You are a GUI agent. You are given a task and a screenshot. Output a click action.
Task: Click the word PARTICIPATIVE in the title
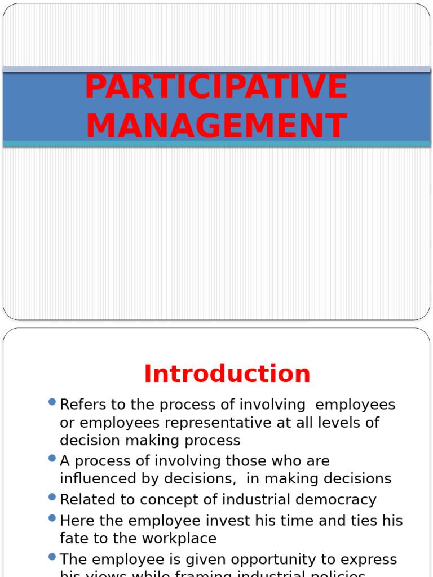pos(216,87)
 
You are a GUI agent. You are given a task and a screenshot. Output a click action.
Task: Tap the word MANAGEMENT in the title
pos(216,126)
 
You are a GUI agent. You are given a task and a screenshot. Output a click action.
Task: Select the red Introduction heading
pos(227,374)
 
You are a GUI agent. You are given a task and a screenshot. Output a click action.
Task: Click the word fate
pos(74,538)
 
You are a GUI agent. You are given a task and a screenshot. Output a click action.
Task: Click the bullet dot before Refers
pos(52,402)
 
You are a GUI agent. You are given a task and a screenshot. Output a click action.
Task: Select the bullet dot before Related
pos(52,496)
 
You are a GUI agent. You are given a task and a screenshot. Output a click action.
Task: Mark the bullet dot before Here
pos(52,517)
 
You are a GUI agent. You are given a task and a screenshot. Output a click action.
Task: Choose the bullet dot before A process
pos(52,458)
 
